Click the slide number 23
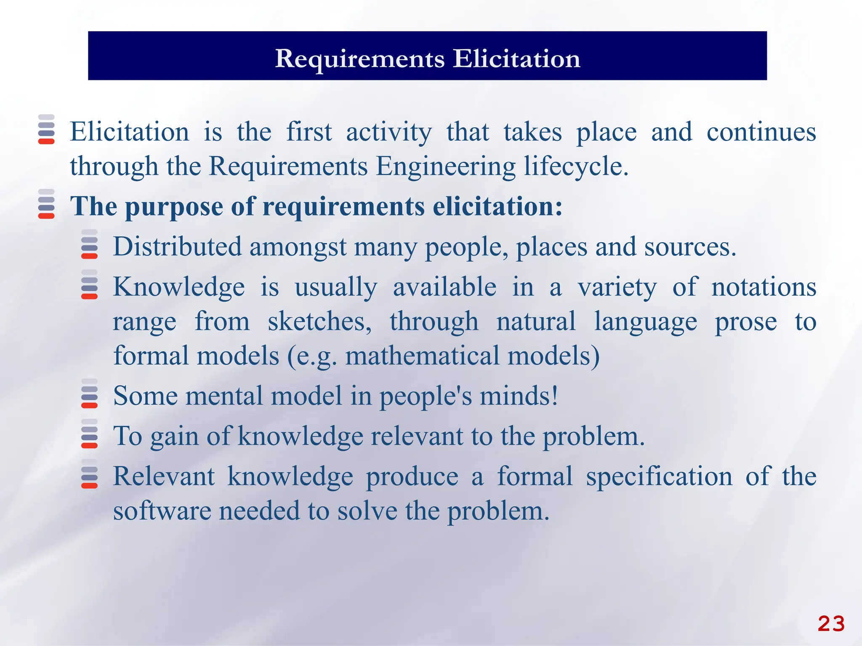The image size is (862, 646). (x=831, y=624)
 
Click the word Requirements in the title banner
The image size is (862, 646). (x=360, y=58)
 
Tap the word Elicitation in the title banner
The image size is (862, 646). (x=516, y=58)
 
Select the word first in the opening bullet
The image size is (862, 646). (x=309, y=132)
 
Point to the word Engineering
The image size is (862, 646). (x=446, y=166)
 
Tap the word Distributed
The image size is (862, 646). (x=177, y=246)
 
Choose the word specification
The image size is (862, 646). (x=659, y=477)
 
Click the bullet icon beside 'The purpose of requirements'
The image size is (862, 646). (x=46, y=204)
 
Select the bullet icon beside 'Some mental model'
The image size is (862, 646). (x=89, y=394)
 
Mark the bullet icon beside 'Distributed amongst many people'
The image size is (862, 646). (x=89, y=244)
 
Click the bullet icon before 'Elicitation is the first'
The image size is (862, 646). (x=46, y=130)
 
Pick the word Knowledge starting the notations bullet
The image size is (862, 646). (x=179, y=287)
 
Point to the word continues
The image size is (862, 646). (x=761, y=132)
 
